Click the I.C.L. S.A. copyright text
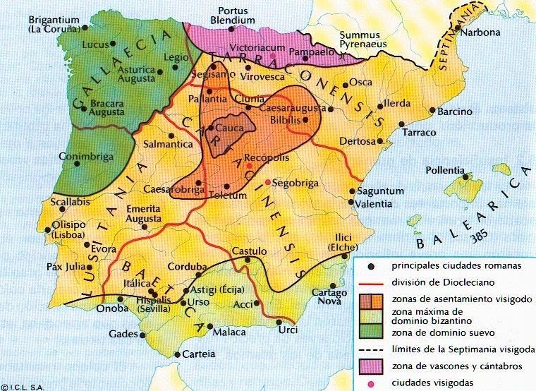[23, 386]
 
